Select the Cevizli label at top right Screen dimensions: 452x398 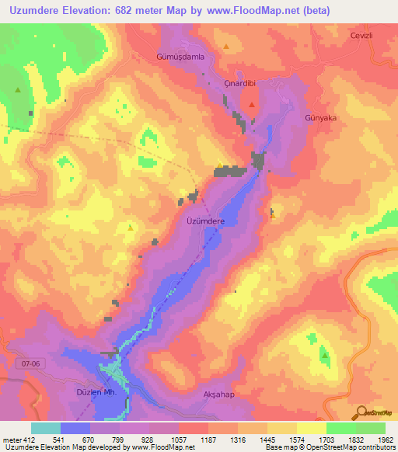click(x=362, y=35)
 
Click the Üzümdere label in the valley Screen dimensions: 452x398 click(x=206, y=221)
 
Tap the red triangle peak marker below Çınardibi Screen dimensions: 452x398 click(x=252, y=104)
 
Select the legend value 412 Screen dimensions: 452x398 click(x=28, y=440)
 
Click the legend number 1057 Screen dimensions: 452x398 click(x=178, y=440)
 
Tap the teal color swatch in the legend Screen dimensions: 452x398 click(x=45, y=428)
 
